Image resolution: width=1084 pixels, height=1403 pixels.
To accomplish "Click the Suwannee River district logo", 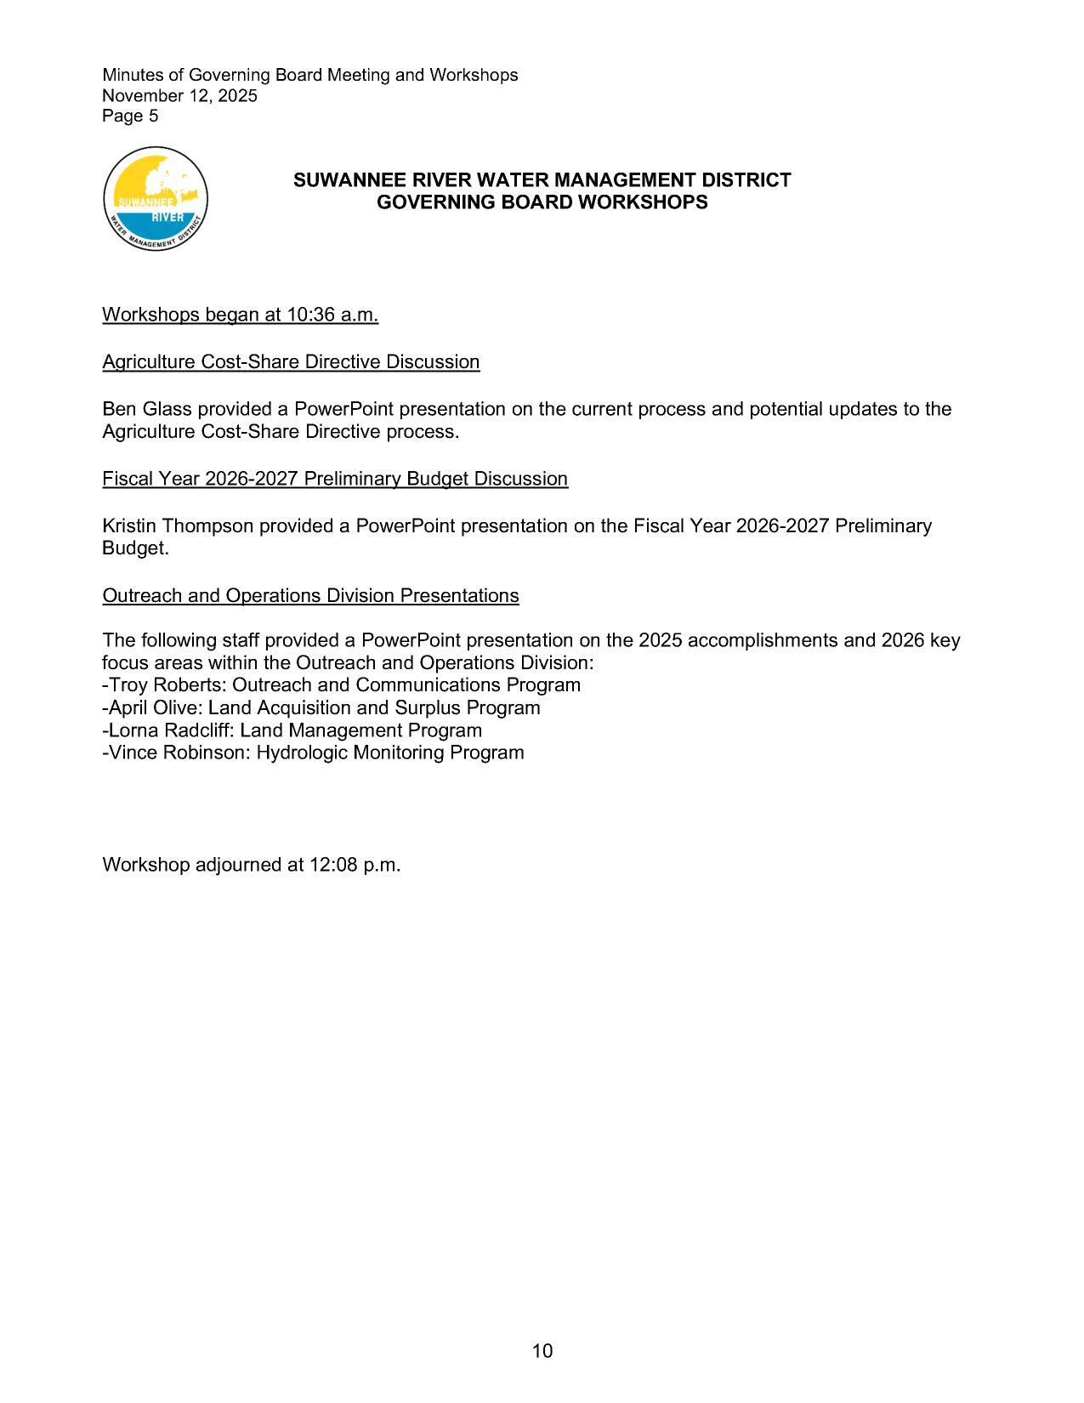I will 156,198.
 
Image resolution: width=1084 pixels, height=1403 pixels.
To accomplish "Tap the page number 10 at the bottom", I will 542,1350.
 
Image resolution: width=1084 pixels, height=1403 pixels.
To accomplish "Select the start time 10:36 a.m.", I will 332,315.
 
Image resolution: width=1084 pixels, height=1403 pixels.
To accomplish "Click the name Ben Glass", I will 146,409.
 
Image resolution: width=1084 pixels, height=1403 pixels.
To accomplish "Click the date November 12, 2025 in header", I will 179,95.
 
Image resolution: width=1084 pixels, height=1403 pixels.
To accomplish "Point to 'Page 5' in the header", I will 130,116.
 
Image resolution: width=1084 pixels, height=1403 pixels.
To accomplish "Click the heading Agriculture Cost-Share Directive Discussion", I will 291,362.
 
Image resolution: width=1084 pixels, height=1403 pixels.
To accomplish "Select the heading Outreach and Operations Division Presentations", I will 310,595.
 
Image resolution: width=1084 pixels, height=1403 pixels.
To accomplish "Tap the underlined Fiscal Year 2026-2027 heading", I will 335,479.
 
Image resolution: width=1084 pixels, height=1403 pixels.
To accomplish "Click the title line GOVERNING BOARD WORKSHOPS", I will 542,202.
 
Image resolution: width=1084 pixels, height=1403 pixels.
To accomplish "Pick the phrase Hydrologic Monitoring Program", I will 389,753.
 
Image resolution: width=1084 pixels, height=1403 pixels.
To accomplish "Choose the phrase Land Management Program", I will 360,730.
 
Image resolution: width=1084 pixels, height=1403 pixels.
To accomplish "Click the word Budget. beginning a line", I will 135,548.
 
